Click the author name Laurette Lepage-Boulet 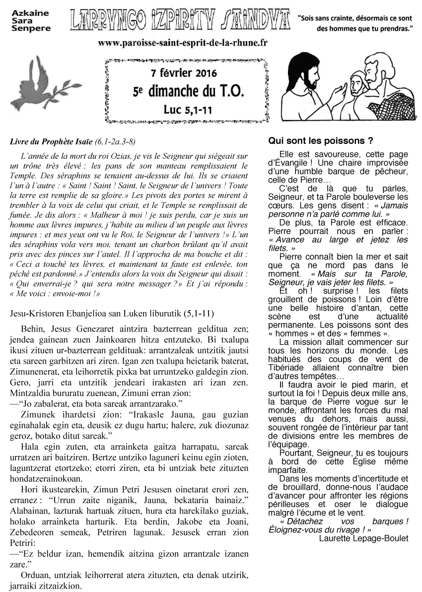coord(363,538)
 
